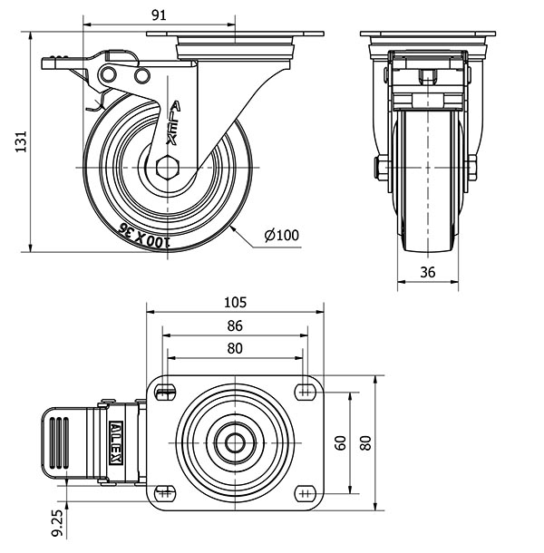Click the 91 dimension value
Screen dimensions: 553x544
(158, 14)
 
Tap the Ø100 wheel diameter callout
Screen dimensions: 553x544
(281, 236)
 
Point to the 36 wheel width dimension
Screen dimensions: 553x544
(429, 271)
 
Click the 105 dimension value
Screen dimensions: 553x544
(234, 303)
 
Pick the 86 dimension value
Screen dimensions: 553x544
(234, 325)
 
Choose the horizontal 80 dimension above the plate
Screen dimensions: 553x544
(234, 347)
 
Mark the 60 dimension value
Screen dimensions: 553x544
(339, 442)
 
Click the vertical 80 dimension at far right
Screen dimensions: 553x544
(364, 442)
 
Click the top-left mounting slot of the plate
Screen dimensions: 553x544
(165, 391)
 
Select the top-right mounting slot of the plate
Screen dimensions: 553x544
(303, 391)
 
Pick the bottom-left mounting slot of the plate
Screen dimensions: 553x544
(165, 493)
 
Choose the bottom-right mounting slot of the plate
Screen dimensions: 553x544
(303, 493)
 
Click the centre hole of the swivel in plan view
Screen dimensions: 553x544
(234, 443)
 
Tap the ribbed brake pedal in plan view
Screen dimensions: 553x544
(61, 442)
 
